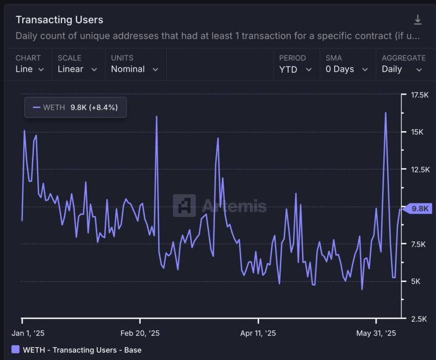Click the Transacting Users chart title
59,20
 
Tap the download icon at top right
418,20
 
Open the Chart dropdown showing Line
29,69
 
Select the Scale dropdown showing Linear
77,69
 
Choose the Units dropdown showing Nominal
134,69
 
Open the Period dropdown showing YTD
295,69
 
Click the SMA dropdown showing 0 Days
347,69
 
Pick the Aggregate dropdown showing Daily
402,69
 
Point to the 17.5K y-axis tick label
416,95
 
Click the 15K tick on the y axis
414,132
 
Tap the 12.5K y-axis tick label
416,170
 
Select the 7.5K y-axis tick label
414,245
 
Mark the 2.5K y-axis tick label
414,319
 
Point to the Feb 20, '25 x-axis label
140,333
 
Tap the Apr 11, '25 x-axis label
258,333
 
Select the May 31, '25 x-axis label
376,333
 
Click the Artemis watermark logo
184,206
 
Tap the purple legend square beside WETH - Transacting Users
15,350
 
